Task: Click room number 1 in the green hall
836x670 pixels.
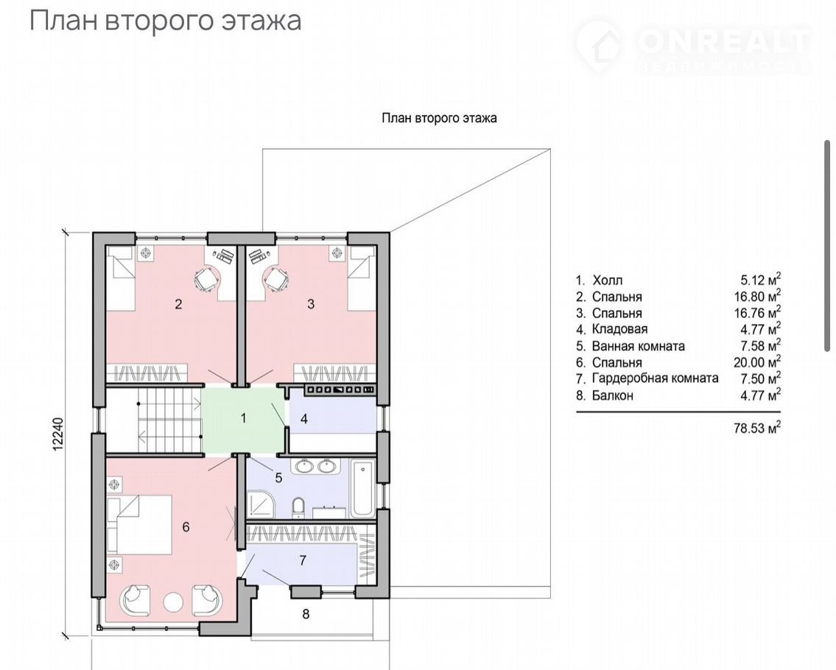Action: (244, 418)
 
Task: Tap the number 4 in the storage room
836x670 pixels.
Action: (304, 419)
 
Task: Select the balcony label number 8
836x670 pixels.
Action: (306, 614)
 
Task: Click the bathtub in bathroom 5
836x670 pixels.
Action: (362, 490)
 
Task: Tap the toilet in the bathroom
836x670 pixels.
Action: (298, 507)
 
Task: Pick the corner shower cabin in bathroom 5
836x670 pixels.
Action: (261, 504)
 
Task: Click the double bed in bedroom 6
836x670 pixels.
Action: (140, 525)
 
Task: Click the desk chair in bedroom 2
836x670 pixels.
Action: (205, 279)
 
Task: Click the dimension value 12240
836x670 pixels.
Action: (59, 434)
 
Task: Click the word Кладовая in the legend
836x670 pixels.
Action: (619, 329)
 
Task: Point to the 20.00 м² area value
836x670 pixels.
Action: (757, 362)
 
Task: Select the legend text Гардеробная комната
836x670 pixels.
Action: (656, 378)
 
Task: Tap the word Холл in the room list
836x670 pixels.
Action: (607, 280)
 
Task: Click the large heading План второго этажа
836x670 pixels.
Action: (165, 21)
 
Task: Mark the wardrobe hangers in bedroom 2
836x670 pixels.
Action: (147, 372)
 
